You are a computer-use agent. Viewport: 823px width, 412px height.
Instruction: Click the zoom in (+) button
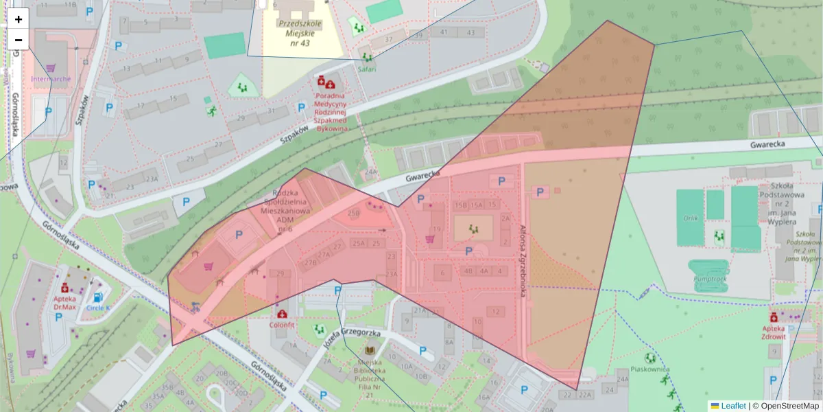[19, 19]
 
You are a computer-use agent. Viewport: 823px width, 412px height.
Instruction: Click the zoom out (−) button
[19, 40]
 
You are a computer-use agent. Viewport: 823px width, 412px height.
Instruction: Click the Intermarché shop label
[51, 78]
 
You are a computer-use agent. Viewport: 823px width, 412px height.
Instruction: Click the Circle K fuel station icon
[99, 297]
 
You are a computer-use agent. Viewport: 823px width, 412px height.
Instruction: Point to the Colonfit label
[282, 324]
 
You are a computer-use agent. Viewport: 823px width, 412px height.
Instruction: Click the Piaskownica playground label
[649, 369]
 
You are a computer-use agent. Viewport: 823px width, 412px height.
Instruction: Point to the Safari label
[368, 68]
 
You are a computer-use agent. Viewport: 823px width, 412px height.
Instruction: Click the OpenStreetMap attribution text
[785, 406]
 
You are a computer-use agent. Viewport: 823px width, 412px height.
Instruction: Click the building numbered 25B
[353, 214]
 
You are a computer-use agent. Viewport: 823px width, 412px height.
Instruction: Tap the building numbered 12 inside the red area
[495, 312]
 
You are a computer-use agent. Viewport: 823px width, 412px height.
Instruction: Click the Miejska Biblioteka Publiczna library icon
[370, 350]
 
